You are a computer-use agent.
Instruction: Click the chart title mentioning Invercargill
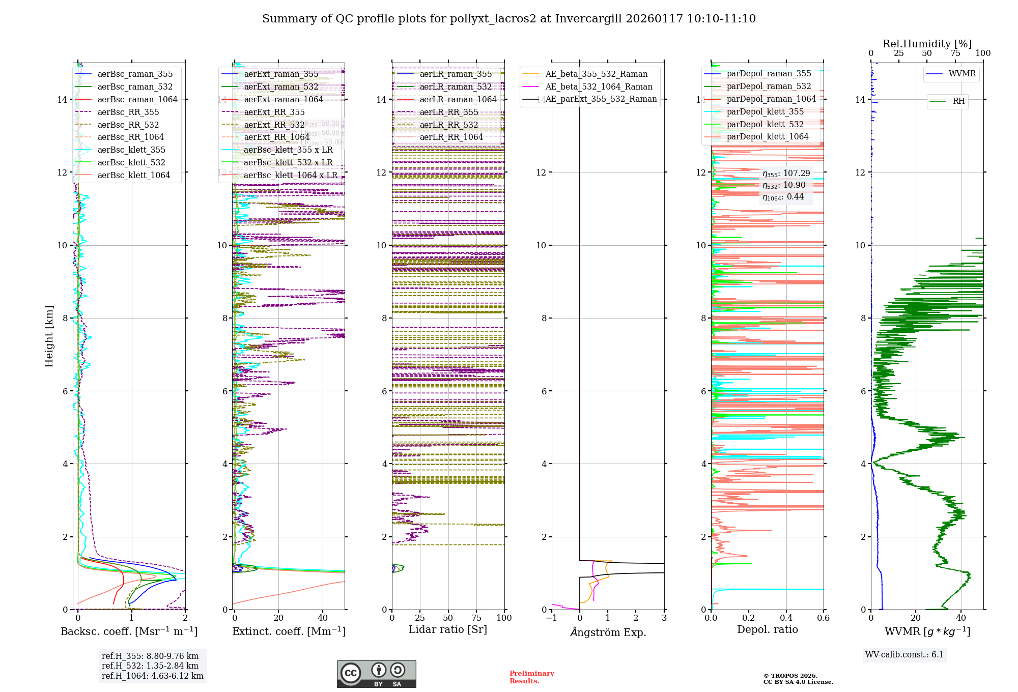[508, 19]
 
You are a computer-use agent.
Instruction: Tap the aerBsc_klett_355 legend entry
[131, 150]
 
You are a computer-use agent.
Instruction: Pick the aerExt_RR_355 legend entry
[274, 112]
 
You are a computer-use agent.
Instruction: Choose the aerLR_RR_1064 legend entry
[451, 137]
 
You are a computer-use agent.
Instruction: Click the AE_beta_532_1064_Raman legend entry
[599, 86]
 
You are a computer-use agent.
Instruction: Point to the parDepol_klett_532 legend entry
[765, 124]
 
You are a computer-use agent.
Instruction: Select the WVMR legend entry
[962, 74]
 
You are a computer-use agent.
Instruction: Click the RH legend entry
[958, 101]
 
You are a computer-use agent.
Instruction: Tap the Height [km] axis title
[49, 336]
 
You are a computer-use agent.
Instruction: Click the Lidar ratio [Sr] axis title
[448, 629]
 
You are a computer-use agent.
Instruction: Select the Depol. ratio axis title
[767, 629]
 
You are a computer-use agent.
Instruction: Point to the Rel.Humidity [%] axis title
[927, 44]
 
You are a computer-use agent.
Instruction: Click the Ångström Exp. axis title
[608, 632]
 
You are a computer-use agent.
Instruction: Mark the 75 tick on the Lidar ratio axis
[476, 618]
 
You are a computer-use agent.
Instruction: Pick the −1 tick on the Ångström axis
[551, 618]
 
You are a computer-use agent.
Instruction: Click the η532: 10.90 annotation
[784, 185]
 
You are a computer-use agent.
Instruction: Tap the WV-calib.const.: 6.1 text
[904, 654]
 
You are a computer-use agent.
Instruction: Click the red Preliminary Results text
[531, 677]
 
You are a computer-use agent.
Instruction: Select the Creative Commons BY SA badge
[376, 674]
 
